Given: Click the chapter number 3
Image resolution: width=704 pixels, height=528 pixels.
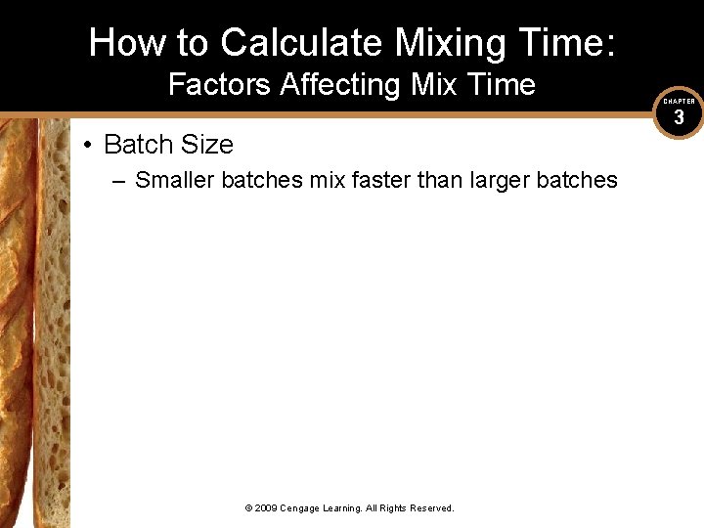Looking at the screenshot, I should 679,118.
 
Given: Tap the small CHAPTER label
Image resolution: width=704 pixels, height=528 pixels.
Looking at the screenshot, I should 679,102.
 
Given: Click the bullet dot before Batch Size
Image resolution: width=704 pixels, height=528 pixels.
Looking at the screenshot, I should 88,145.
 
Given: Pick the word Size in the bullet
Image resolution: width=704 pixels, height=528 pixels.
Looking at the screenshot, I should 207,145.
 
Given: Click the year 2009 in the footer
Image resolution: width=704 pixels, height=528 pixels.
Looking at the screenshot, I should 267,508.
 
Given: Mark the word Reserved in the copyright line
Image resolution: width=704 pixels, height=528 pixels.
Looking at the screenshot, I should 430,508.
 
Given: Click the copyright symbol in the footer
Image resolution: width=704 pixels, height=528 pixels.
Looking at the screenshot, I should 248,508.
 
